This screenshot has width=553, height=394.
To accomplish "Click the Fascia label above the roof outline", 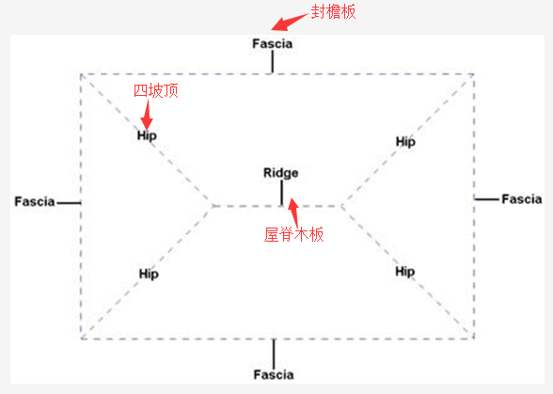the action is click(273, 44).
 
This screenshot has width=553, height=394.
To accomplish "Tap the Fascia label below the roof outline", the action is click(274, 374).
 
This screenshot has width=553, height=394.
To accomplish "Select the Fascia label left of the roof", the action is click(35, 202).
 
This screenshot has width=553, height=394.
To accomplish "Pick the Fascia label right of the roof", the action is click(522, 199).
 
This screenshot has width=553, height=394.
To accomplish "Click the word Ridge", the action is click(280, 173).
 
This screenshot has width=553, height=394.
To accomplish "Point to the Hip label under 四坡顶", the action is click(147, 135).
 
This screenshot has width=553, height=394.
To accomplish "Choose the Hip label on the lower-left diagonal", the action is click(149, 274).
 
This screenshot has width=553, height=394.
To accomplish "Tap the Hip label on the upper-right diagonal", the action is click(405, 142).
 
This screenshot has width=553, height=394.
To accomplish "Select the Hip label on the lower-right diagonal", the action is click(404, 272).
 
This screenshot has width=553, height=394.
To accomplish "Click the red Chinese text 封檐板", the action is click(333, 12).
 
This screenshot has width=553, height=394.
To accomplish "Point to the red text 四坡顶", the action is click(156, 90).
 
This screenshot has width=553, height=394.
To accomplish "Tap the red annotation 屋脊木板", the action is click(293, 234).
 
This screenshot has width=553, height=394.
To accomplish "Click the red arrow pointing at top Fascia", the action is click(290, 22).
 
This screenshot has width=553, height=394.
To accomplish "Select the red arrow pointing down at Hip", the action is click(147, 115).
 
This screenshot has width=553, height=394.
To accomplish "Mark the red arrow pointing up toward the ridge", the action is click(293, 213).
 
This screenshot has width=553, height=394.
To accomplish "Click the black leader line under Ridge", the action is click(281, 193).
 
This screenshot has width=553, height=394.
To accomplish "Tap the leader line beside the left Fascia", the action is click(69, 203).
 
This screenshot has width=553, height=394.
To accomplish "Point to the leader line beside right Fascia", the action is click(487, 199).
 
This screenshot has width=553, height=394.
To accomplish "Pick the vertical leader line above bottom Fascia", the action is click(274, 354).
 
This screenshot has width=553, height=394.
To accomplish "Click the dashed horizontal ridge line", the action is click(276, 206).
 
